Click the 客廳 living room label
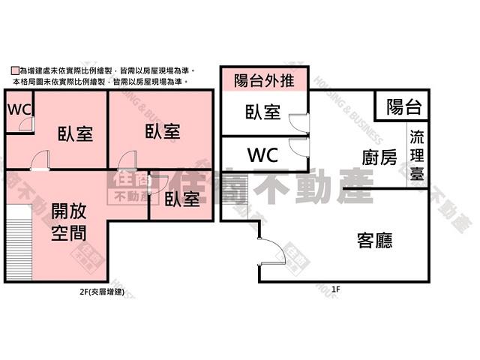click(374, 241)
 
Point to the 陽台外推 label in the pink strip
click(264, 80)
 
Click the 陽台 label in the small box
click(403, 106)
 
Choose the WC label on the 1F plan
click(262, 155)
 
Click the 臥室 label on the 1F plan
click(262, 112)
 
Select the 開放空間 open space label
click(69, 223)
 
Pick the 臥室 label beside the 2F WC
click(75, 134)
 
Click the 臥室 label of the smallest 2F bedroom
click(182, 199)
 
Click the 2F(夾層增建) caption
click(108, 290)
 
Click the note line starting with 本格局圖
click(97, 80)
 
